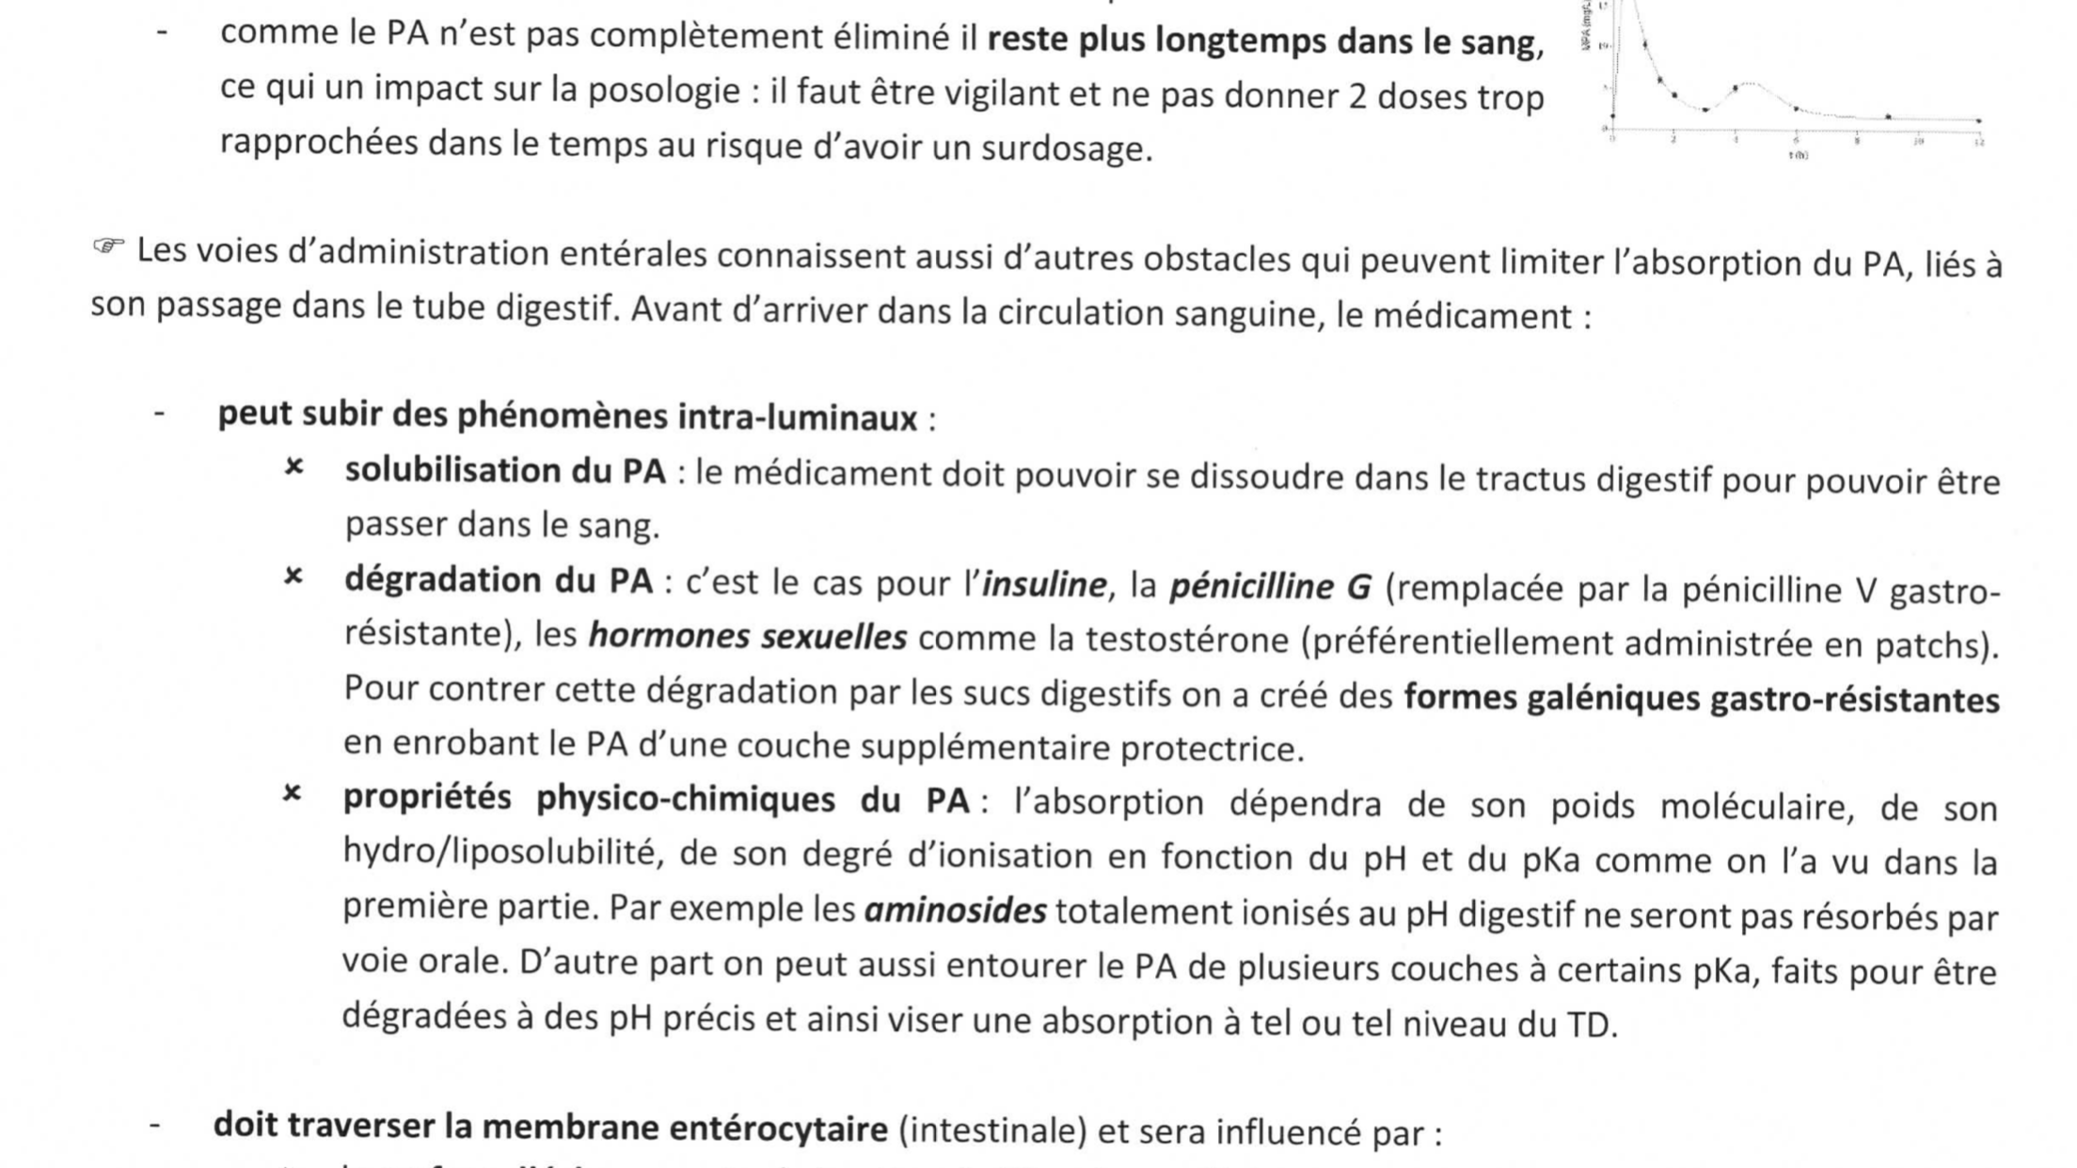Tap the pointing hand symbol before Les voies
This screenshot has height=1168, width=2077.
click(x=108, y=247)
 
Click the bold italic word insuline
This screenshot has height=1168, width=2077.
click(x=1044, y=585)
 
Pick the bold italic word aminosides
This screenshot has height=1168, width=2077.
click(x=955, y=911)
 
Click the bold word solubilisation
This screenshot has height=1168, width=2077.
click(x=452, y=471)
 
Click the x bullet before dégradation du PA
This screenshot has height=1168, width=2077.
click(x=293, y=576)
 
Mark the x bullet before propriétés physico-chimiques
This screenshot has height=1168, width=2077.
click(x=293, y=795)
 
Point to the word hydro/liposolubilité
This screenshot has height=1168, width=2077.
click(x=499, y=852)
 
